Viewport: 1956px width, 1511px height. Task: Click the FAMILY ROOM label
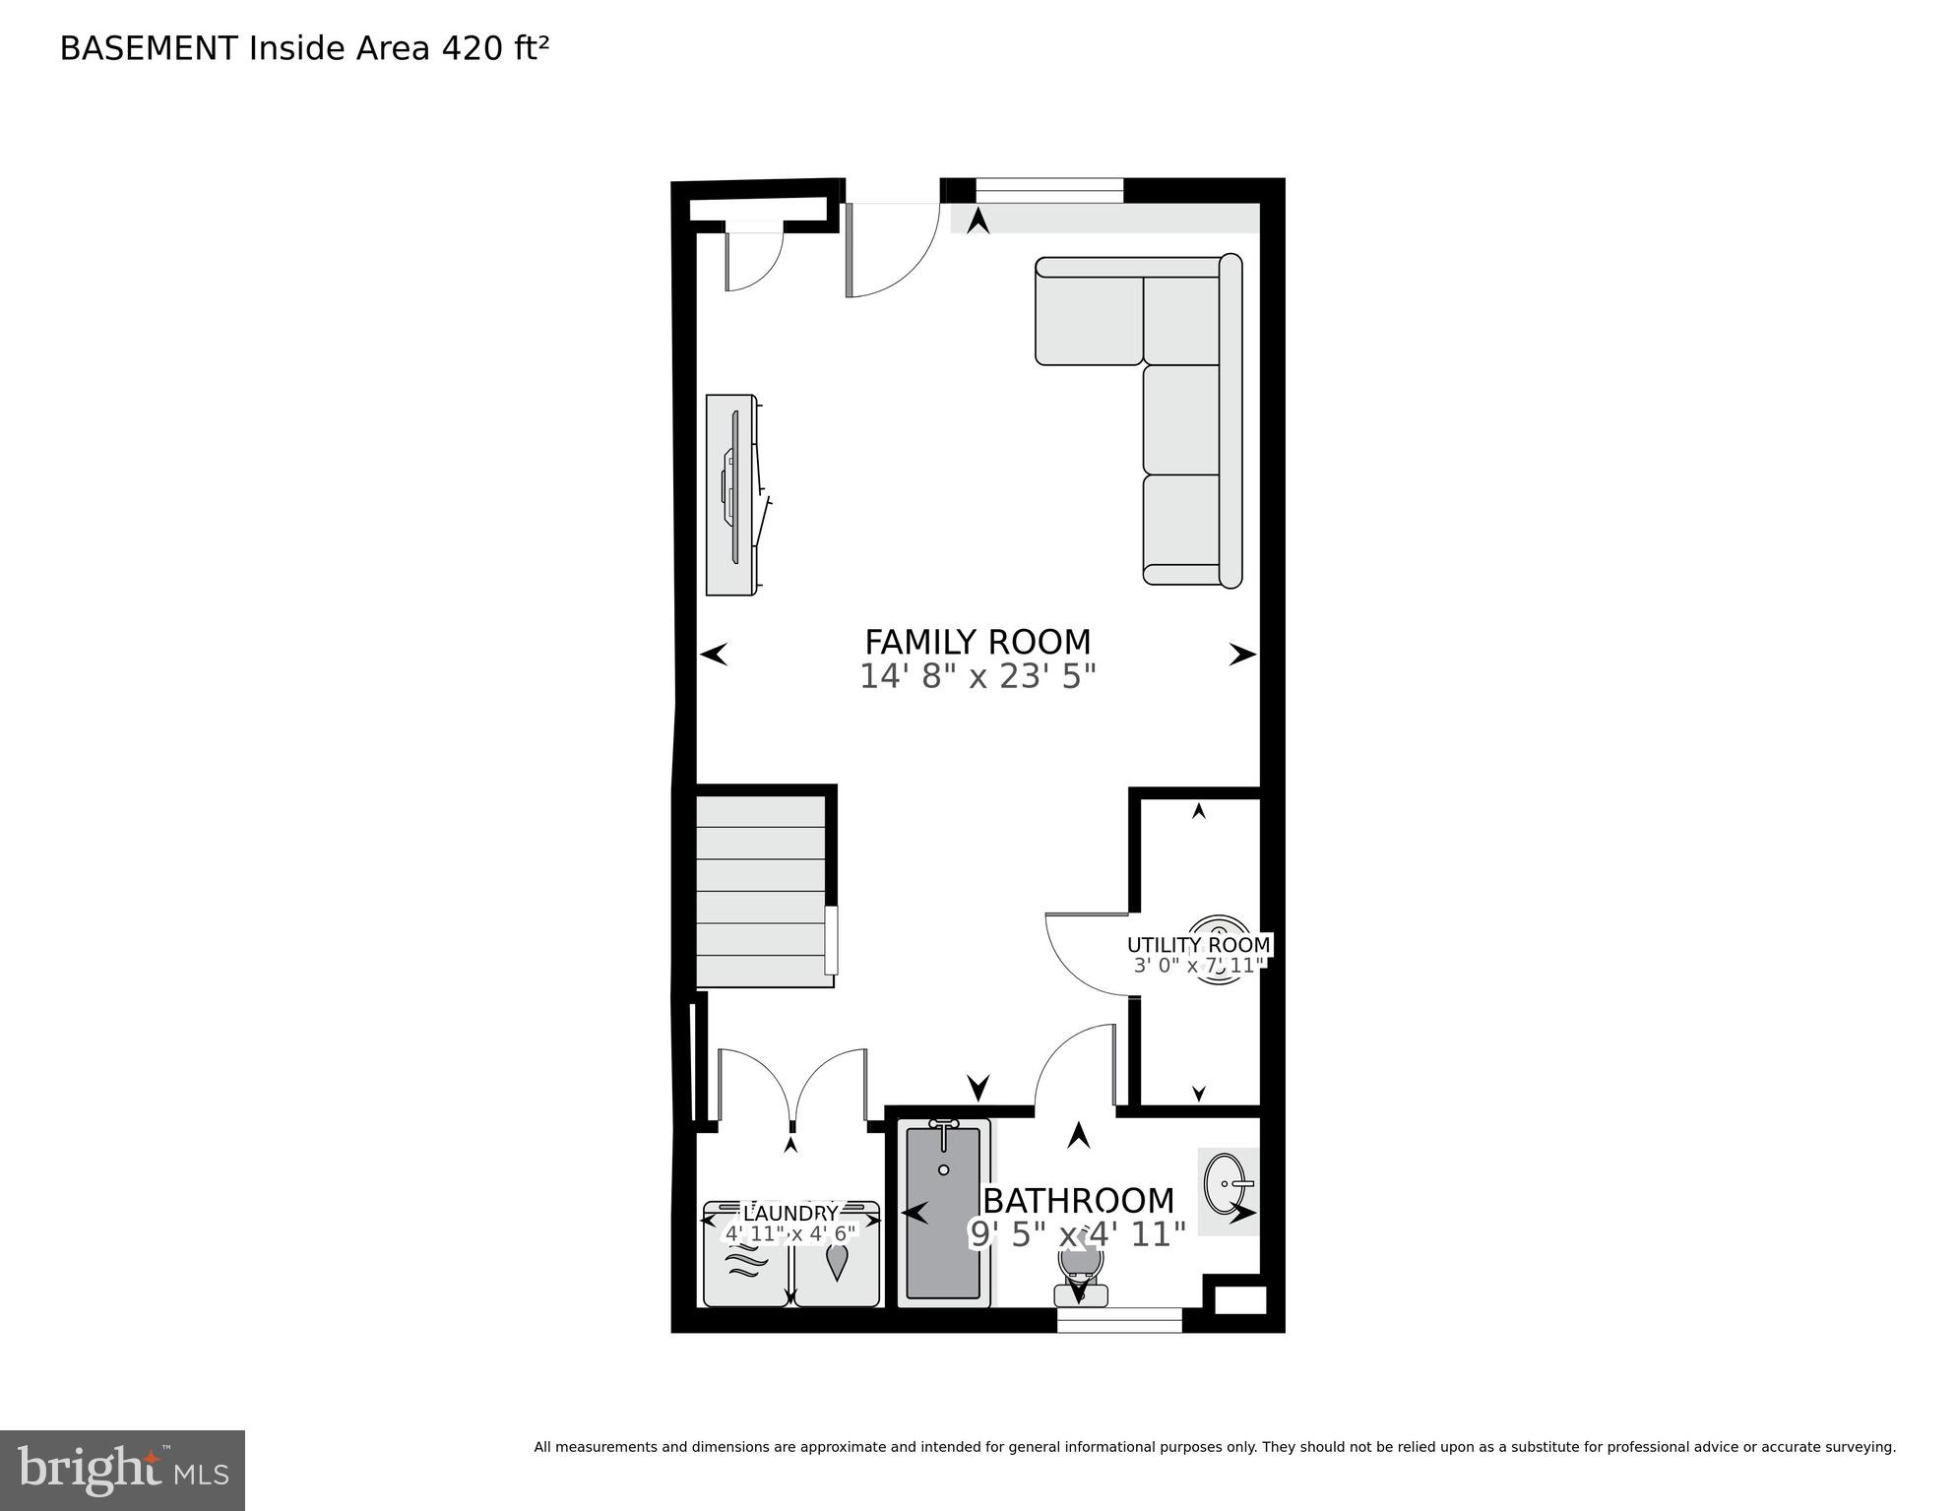pyautogui.click(x=977, y=642)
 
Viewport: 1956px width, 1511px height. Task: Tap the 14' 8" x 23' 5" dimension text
pyautogui.click(x=977, y=677)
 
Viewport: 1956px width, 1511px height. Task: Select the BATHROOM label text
pyautogui.click(x=1078, y=1201)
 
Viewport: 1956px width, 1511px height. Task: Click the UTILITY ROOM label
pyautogui.click(x=1198, y=945)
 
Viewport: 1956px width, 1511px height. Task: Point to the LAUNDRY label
pyautogui.click(x=789, y=1214)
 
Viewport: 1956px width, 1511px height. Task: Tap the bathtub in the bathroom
pyautogui.click(x=943, y=1216)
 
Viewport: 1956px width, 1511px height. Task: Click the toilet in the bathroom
pyautogui.click(x=1078, y=1275)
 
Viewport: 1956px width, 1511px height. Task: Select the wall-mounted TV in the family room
pyautogui.click(x=733, y=495)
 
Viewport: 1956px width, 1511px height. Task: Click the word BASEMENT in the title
pyautogui.click(x=149, y=48)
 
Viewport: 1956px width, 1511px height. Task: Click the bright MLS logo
pyautogui.click(x=122, y=1470)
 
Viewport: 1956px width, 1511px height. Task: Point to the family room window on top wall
pyautogui.click(x=1048, y=190)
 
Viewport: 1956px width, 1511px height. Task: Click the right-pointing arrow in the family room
pyautogui.click(x=1242, y=654)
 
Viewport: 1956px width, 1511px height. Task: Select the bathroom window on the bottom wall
pyautogui.click(x=1119, y=1320)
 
